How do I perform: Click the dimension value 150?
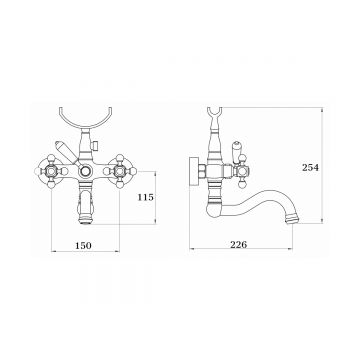coord(83,246)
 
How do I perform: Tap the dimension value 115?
coord(146,197)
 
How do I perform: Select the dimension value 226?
coord(239,245)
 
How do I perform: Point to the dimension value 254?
coord(310,167)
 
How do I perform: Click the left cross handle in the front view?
coord(51,171)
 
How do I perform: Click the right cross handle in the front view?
coord(120,171)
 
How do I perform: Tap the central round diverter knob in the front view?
coord(85,172)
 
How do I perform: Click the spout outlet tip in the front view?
coord(85,220)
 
